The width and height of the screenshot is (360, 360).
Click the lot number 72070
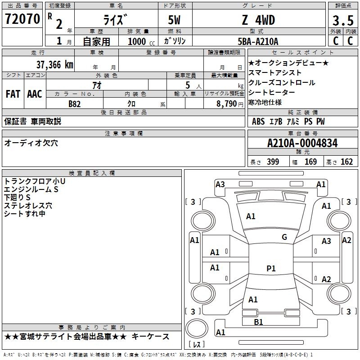click(22, 19)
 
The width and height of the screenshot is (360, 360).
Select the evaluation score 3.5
click(342, 20)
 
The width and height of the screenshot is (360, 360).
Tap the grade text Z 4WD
click(258, 20)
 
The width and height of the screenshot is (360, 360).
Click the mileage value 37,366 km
click(54, 64)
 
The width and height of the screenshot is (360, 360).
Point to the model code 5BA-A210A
click(258, 41)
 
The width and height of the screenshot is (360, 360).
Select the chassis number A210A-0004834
click(302, 144)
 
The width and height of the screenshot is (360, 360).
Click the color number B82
click(75, 104)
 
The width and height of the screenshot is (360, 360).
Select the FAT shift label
click(13, 94)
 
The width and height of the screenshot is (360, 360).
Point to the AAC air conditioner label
click(35, 94)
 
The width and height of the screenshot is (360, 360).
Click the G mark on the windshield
click(284, 237)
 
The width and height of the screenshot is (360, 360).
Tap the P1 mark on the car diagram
click(271, 268)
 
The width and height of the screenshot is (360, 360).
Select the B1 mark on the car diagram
click(258, 322)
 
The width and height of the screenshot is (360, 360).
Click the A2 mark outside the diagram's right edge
click(346, 240)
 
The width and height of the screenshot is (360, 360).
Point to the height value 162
click(346, 162)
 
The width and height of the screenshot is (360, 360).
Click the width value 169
click(311, 162)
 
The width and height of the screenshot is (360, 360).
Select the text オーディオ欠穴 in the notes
click(31, 143)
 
